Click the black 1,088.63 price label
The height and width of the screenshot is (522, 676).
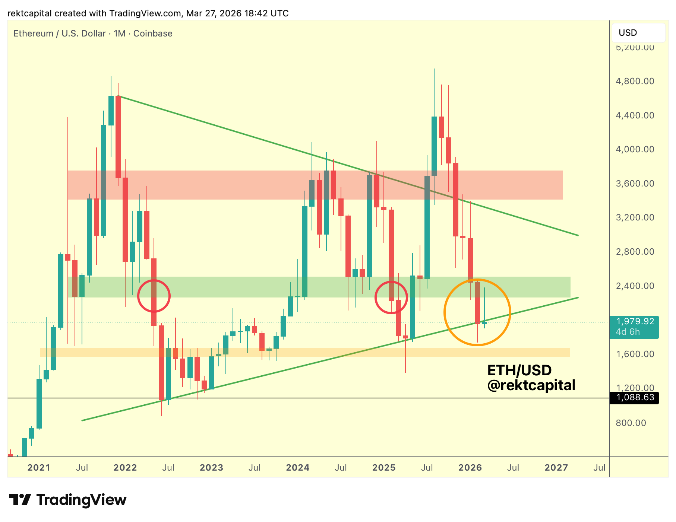634,398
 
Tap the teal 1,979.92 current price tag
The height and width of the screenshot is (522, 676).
634,322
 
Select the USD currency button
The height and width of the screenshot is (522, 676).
638,33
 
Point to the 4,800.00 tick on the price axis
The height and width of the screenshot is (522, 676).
635,81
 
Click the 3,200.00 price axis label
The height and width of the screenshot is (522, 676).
635,217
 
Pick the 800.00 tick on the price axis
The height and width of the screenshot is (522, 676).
631,423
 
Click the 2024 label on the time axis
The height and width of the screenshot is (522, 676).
297,468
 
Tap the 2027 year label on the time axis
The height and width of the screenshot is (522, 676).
556,468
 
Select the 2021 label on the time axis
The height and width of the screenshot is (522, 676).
39,468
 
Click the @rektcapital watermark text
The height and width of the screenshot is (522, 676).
531,385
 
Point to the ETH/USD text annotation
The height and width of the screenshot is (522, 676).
519,370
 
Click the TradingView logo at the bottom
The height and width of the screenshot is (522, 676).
67,500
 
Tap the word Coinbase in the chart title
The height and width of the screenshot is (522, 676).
153,34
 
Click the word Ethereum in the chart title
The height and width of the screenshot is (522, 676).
34,34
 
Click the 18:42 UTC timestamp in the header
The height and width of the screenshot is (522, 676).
266,13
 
